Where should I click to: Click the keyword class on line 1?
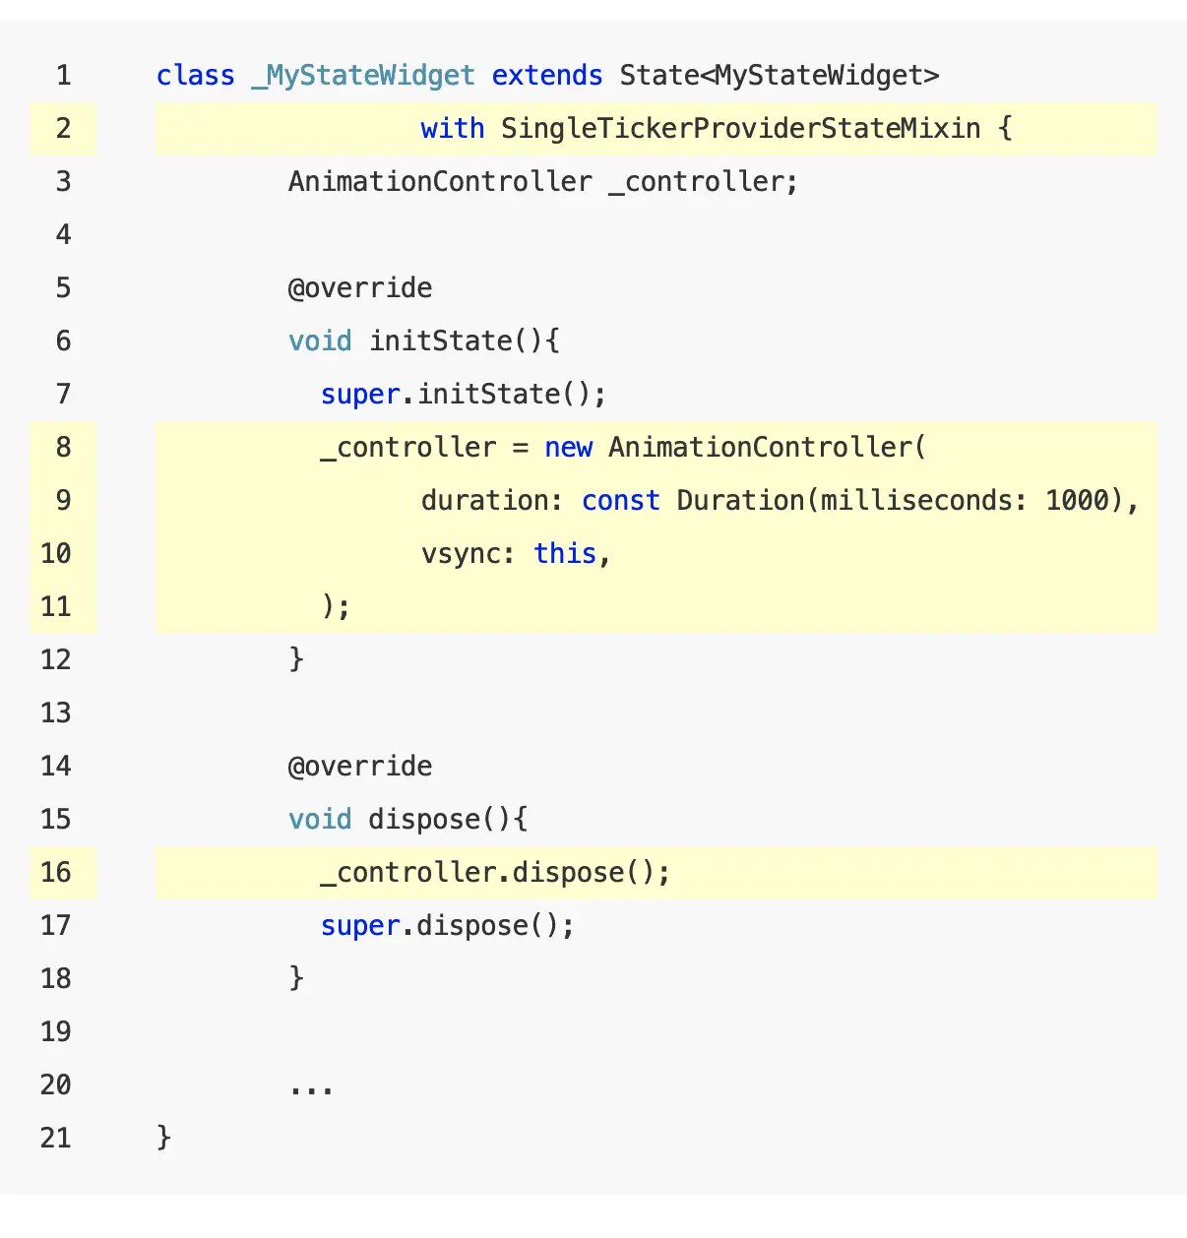[195, 76]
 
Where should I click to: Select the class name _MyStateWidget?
[363, 76]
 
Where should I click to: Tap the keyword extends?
[547, 76]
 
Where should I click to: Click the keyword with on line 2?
[452, 129]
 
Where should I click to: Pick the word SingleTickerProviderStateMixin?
[740, 129]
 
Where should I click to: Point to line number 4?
[64, 235]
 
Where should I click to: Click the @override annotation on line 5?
[360, 288]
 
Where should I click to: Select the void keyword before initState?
[320, 341]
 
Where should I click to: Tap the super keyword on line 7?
[360, 395]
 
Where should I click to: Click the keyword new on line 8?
[568, 448]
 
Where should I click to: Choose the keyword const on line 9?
[620, 501]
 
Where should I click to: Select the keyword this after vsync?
[565, 554]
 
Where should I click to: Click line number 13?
[56, 713]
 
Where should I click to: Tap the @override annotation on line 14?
[360, 767]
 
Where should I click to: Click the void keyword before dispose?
[320, 820]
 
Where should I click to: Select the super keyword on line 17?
[360, 926]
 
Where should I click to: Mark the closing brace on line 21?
[164, 1139]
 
